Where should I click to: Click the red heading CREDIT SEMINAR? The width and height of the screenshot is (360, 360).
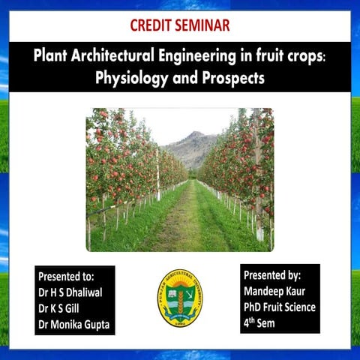point(179,25)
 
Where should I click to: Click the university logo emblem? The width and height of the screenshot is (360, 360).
point(179,298)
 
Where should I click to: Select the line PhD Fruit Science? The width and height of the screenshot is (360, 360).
point(280,307)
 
